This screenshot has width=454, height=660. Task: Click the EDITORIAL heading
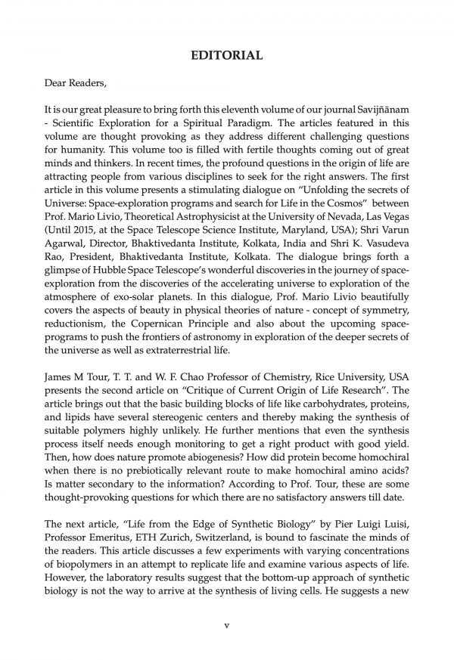(227, 55)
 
